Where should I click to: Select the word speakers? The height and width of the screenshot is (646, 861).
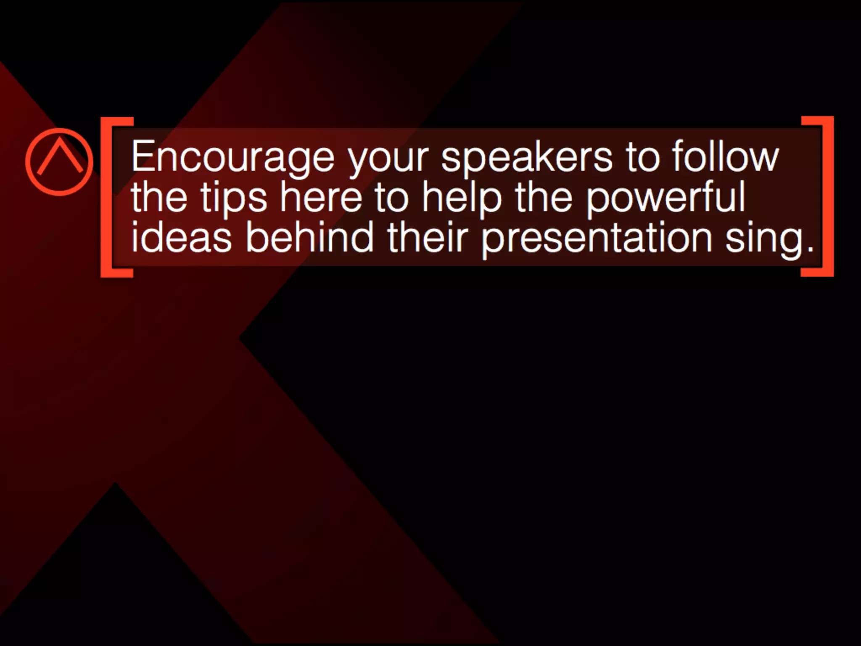(527, 158)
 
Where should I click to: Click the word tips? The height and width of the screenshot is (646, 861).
(233, 198)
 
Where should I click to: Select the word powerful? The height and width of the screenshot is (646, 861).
(666, 197)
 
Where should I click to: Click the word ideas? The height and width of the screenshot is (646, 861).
(181, 236)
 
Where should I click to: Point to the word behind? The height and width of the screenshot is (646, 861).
(309, 236)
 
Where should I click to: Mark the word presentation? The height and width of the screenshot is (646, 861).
(597, 238)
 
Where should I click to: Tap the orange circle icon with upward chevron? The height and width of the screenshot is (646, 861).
(59, 162)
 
